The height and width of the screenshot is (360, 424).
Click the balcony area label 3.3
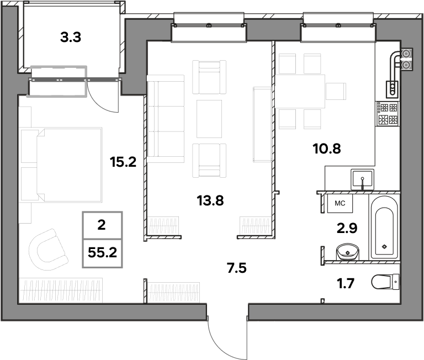(x=71, y=38)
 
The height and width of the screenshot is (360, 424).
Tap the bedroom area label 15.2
(x=123, y=162)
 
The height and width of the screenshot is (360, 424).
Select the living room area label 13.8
(x=210, y=200)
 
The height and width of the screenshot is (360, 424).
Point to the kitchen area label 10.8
(x=327, y=149)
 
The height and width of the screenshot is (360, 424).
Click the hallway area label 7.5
(x=237, y=268)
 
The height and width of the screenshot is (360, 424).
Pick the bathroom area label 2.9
(x=347, y=228)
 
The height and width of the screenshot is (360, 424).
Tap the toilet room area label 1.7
(x=345, y=283)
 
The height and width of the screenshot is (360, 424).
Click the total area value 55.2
(x=102, y=253)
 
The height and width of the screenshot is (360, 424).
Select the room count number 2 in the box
(x=102, y=225)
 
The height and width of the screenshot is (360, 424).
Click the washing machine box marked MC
(x=340, y=203)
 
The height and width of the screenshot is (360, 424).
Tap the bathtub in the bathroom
(x=384, y=228)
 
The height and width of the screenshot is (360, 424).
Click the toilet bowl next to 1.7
(x=385, y=282)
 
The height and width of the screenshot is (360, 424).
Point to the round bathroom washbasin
(x=347, y=252)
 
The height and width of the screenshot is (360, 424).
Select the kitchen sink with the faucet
(x=362, y=179)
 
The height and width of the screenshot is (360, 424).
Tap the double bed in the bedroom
(x=61, y=165)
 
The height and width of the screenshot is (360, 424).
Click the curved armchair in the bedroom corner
(x=49, y=250)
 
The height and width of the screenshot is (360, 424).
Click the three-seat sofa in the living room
(x=166, y=119)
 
